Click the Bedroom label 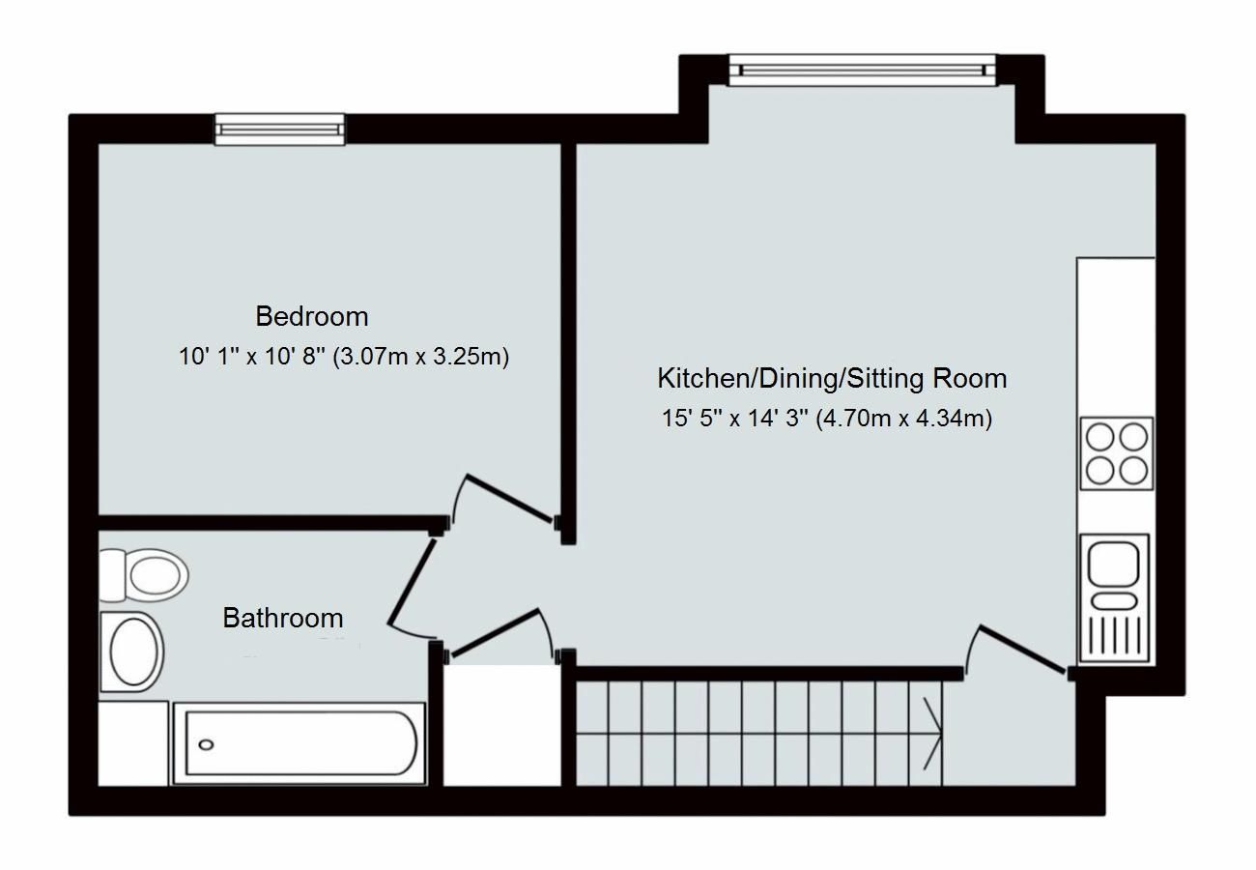pyautogui.click(x=311, y=316)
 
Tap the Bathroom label pyautogui.click(x=282, y=618)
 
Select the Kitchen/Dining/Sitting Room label pyautogui.click(x=832, y=378)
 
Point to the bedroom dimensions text pyautogui.click(x=343, y=357)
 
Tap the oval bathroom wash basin pyautogui.click(x=134, y=651)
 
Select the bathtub pyautogui.click(x=300, y=743)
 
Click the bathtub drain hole pyautogui.click(x=207, y=744)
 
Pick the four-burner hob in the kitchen pyautogui.click(x=1116, y=453)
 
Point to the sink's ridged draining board pyautogui.click(x=1116, y=635)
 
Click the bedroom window pyautogui.click(x=279, y=130)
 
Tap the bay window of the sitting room pyautogui.click(x=861, y=70)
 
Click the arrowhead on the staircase pyautogui.click(x=934, y=731)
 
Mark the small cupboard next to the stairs pyautogui.click(x=501, y=725)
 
